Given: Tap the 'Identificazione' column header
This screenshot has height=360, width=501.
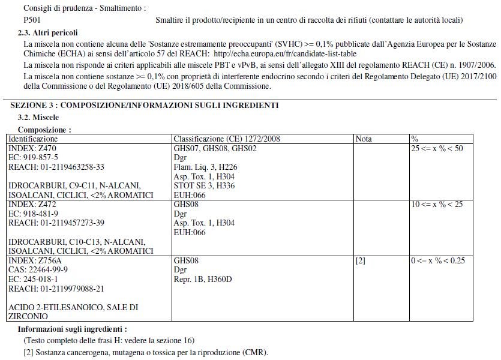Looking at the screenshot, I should [x=33, y=139].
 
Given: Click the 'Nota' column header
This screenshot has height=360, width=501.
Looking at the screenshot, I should [x=364, y=139].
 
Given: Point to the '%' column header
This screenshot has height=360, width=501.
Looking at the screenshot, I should [x=414, y=139].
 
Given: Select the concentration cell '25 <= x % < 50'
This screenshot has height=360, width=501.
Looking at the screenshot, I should [x=437, y=148].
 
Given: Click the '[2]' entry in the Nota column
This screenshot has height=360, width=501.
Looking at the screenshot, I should [x=361, y=262].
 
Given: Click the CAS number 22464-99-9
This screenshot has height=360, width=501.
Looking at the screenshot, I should [x=38, y=270].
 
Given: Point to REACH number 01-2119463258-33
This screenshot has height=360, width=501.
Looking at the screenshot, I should [x=56, y=167].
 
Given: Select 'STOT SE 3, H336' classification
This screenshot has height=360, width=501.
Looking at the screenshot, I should [x=204, y=185].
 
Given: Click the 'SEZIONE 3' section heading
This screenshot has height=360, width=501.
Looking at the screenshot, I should [x=144, y=105].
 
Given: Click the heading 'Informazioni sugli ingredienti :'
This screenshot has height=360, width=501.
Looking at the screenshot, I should [x=72, y=329].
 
